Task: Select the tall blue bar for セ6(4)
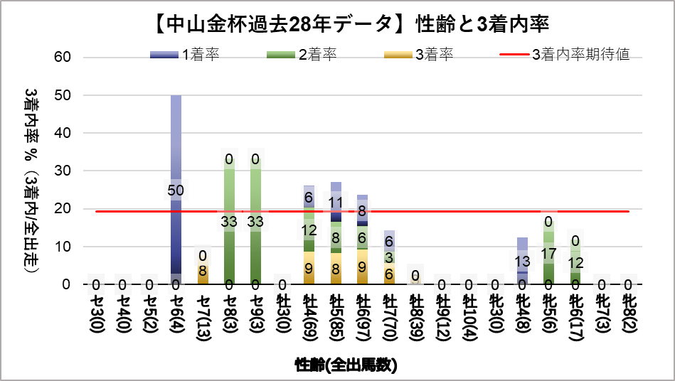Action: pos(176,142)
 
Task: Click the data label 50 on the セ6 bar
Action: pos(176,190)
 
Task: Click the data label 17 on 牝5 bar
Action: pos(549,253)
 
